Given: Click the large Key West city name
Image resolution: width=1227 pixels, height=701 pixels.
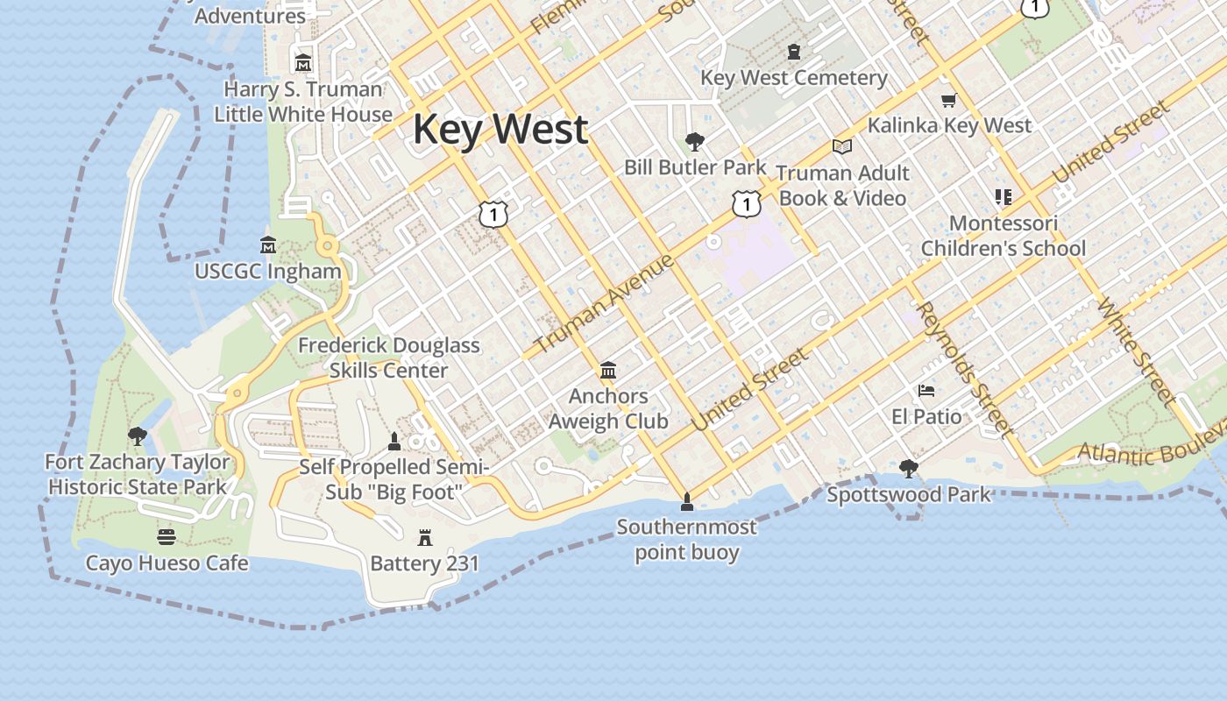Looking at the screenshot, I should tap(500, 130).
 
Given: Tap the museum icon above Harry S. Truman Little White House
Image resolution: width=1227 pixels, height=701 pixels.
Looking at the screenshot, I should tap(303, 62).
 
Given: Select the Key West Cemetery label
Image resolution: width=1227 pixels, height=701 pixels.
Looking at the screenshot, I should tap(794, 78).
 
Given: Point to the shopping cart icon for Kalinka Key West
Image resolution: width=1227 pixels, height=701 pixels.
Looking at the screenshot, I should tap(948, 100).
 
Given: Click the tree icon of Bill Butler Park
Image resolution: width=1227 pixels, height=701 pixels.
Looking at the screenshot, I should tap(695, 140).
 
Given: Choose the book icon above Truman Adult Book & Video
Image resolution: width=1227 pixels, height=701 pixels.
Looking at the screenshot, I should tap(842, 146).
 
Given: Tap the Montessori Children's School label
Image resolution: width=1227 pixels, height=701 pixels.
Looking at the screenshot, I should tap(1004, 236).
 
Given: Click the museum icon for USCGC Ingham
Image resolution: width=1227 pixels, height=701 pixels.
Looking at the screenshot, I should tap(268, 244).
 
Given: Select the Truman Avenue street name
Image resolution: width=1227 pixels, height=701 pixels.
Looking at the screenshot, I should tap(604, 302).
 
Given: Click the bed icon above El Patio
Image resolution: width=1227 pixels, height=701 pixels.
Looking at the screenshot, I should tap(926, 390).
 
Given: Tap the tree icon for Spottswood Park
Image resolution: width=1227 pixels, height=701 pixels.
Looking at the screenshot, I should tap(909, 469).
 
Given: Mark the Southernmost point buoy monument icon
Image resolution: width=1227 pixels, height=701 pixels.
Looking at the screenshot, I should tap(687, 501).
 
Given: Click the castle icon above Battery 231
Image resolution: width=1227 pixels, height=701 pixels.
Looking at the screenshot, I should tap(425, 537).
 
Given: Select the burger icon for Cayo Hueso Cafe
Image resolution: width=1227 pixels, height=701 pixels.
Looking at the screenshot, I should tap(167, 536).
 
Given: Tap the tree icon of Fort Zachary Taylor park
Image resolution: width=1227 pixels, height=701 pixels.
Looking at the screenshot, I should tap(137, 435).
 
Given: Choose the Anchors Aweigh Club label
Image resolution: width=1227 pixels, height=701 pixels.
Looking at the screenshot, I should tap(608, 409).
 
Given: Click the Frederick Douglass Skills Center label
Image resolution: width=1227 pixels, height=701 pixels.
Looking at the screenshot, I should tap(389, 358).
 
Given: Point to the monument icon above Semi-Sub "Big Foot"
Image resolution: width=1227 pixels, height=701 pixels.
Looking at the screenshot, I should tap(394, 441).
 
